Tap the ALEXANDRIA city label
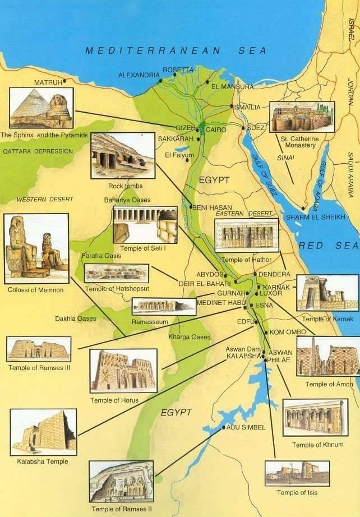pos(139,75)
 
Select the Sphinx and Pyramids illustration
pos(41,108)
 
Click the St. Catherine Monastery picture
pos(302,117)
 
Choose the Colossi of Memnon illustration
pos(36,248)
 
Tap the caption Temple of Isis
pos(297,492)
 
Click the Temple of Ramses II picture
pos(121,481)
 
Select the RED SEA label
pos(328,246)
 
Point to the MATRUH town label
pos(45,82)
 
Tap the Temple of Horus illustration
pos(123,370)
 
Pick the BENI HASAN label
pos(213,207)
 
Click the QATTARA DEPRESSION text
pos(38,151)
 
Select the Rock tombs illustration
pos(122,155)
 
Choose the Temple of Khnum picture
pos(315,417)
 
